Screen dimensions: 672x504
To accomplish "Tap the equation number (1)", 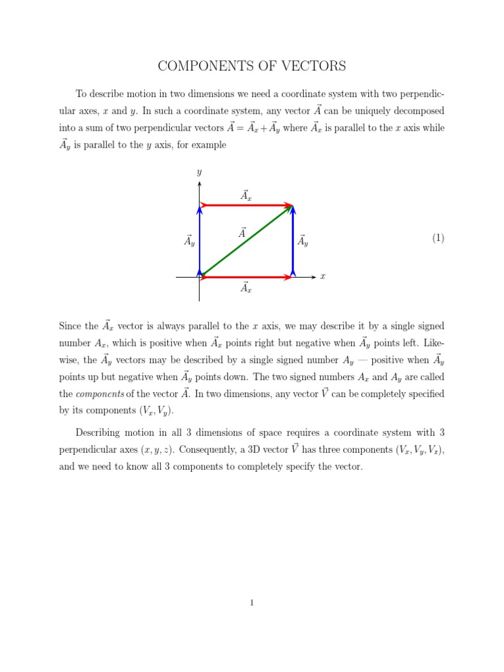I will pyautogui.click(x=438, y=238).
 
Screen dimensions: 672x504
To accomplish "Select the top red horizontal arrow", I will pyautogui.click(x=246, y=205).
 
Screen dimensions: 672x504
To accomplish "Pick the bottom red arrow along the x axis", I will pyautogui.click(x=246, y=278).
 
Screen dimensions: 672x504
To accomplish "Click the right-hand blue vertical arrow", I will pyautogui.click(x=293, y=241).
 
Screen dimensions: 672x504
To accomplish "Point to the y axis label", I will pyautogui.click(x=199, y=173).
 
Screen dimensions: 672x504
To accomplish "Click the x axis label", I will pyautogui.click(x=322, y=277).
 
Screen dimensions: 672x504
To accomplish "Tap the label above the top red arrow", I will pyautogui.click(x=246, y=195).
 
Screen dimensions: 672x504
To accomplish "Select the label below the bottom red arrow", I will pyautogui.click(x=246, y=287).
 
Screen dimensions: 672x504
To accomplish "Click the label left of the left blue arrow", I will pyautogui.click(x=190, y=241).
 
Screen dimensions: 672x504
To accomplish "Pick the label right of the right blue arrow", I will pyautogui.click(x=303, y=241).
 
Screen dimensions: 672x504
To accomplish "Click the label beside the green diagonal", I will pyautogui.click(x=242, y=233).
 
